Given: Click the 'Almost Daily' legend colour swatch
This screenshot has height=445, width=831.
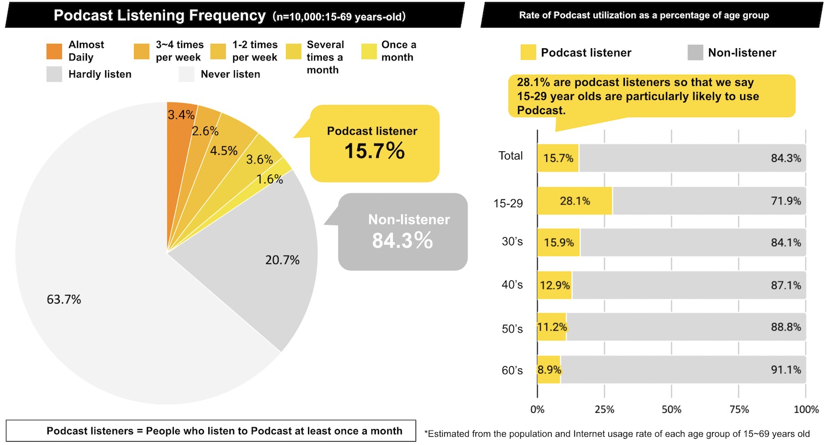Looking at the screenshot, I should pos(54,51).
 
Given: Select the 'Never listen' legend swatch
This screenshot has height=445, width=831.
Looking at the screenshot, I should pos(187,74).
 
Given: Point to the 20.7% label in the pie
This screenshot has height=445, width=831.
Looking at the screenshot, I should pos(283,259).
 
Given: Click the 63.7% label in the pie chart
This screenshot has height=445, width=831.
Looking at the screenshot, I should pos(64,300).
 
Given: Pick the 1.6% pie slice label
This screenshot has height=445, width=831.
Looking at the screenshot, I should pos(270,179).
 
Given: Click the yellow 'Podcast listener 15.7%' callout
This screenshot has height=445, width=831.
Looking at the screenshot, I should pos(374,144).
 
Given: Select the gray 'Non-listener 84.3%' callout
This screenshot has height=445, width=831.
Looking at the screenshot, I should pos(403,232).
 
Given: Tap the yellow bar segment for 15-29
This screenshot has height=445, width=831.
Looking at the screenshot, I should pos(574,201).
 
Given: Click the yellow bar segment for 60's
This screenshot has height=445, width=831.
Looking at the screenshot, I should pos(548,370).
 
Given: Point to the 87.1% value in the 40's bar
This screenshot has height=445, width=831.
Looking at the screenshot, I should pos(786,285).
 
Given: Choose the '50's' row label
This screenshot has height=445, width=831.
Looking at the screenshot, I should pos(512,329).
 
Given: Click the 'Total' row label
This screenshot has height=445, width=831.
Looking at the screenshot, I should pos(510,156).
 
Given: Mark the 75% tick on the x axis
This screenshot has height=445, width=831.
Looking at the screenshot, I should pos(738,410).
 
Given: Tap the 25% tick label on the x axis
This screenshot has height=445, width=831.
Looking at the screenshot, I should pos(604,410).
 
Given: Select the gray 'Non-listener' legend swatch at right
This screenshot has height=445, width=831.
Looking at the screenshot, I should pos(695,53).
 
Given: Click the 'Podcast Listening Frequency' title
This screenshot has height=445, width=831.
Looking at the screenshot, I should pos(160,16).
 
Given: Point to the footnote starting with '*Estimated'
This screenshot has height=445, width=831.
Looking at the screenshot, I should pos(617,433).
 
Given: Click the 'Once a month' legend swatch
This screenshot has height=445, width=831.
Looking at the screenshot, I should pos(368,51).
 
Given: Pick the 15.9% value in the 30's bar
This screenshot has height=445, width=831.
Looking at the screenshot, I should pos(558,243).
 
